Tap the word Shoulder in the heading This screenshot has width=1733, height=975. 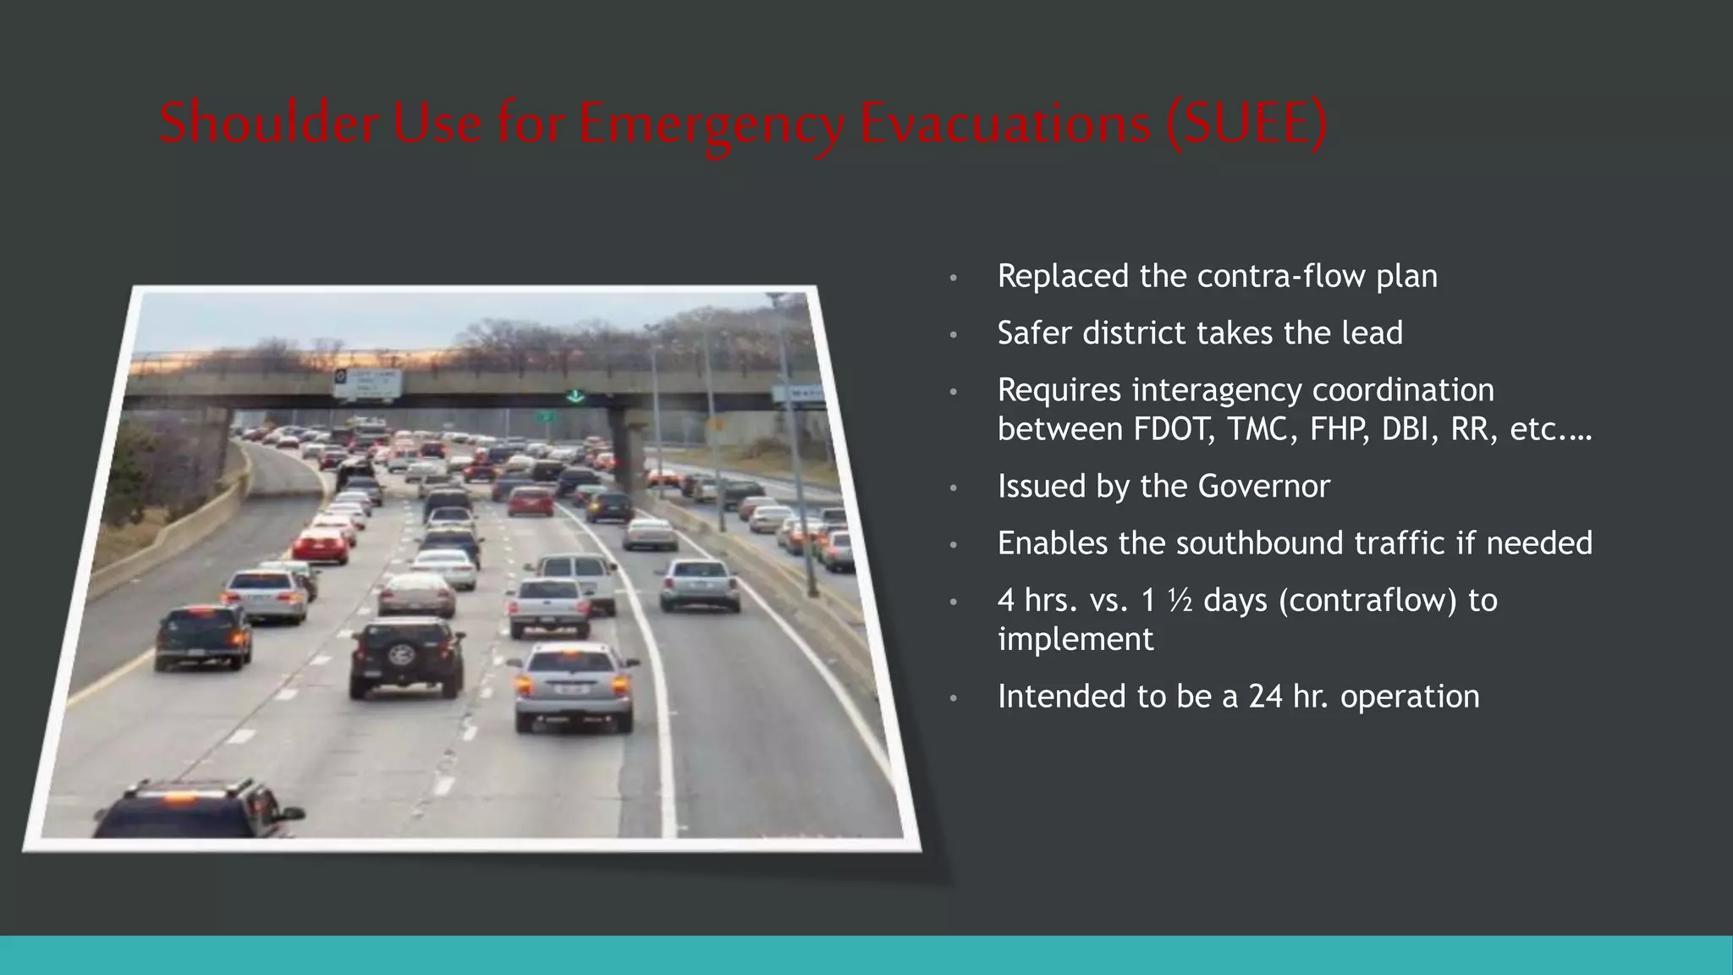click(270, 122)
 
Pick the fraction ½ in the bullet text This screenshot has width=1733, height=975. click(1180, 600)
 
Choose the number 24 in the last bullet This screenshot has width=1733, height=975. click(1266, 697)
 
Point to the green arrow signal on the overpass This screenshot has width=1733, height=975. click(575, 396)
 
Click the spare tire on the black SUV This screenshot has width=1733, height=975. click(402, 653)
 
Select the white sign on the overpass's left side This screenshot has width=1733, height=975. click(366, 383)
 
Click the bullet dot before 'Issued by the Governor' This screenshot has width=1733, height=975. click(953, 488)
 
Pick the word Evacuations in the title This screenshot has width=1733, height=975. click(1005, 122)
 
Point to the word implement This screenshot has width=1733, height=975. click(1075, 639)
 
